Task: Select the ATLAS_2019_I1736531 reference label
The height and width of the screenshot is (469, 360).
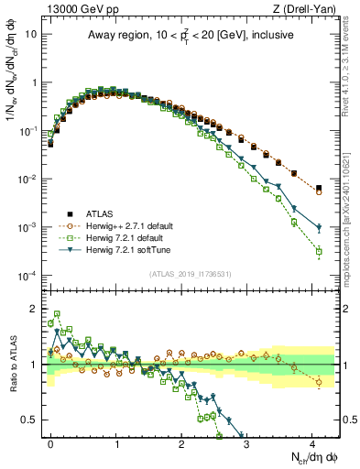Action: coord(194,273)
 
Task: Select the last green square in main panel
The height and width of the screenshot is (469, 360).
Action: coord(319,251)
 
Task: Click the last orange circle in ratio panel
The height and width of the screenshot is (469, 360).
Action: coord(319,382)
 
